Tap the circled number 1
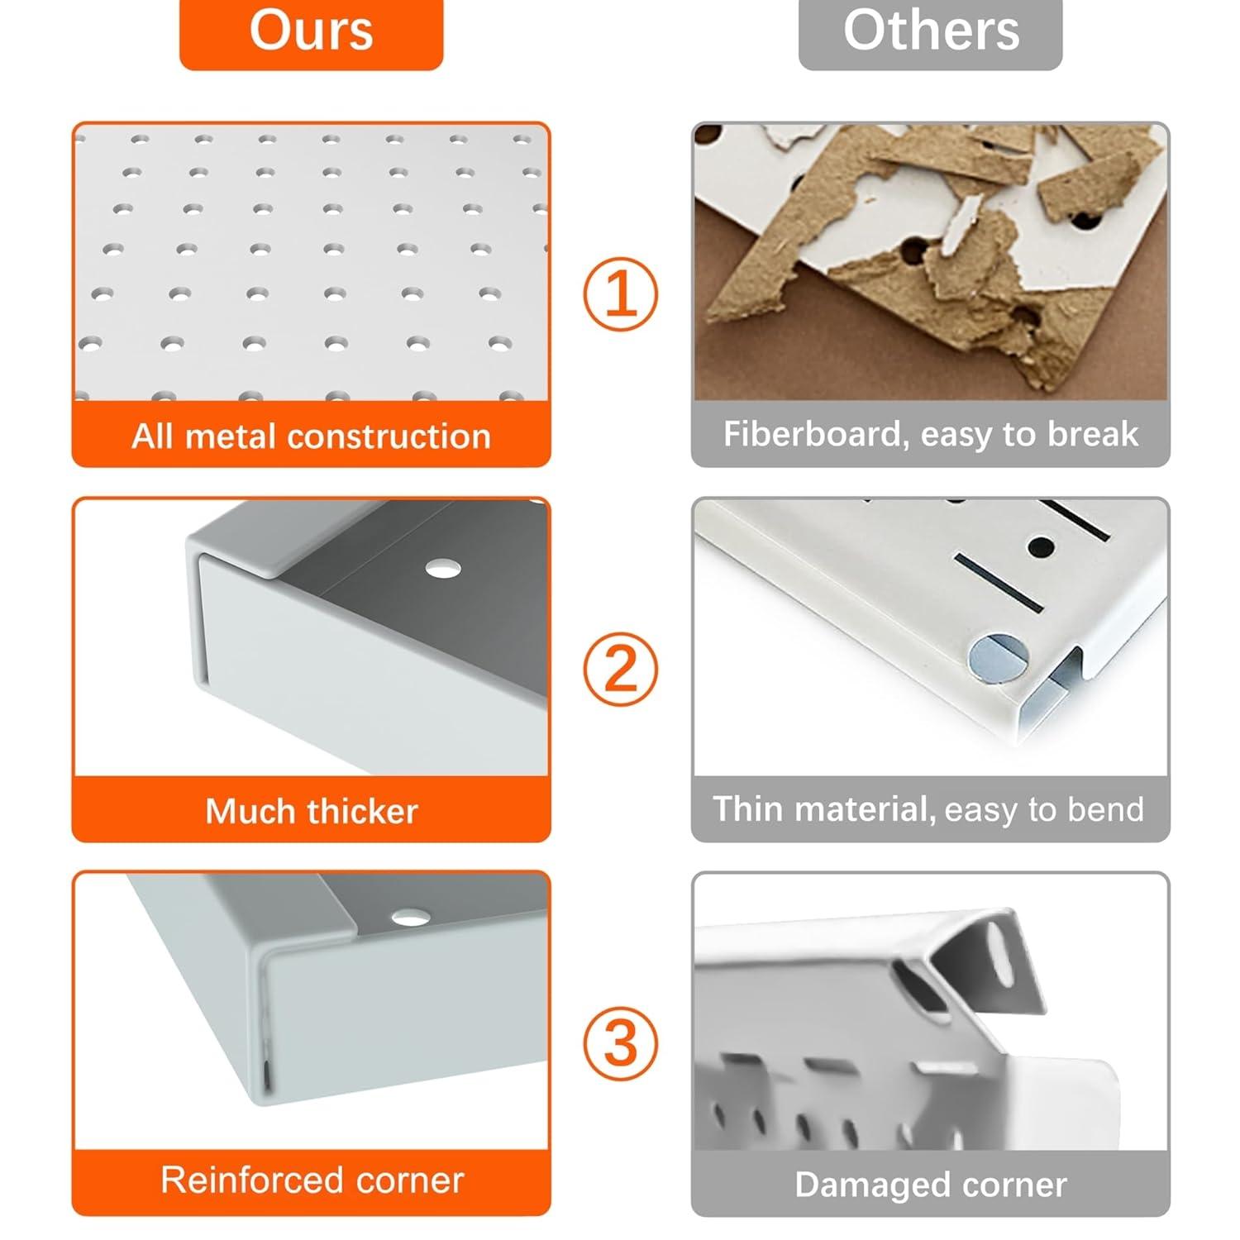(621, 294)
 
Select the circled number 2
(621, 669)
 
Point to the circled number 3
(621, 1042)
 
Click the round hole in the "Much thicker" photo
(443, 569)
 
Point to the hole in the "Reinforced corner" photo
(411, 917)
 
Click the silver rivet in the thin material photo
(998, 658)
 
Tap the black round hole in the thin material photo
(1042, 546)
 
